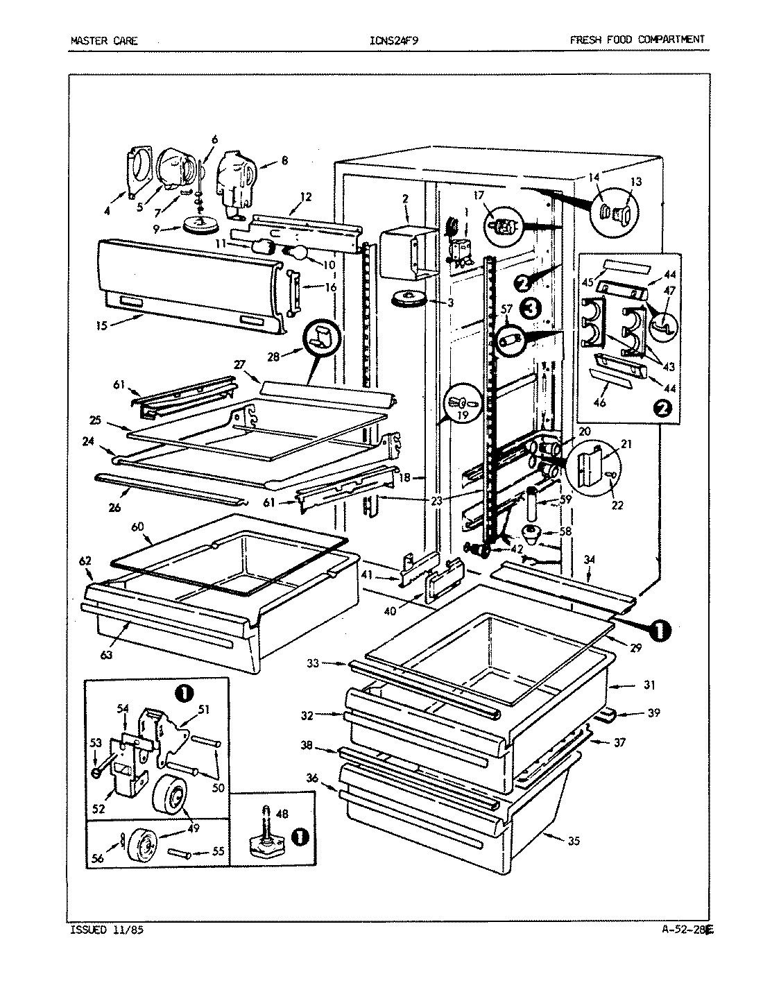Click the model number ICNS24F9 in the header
pos(394,40)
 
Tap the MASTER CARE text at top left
pos(104,40)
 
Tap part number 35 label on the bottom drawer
pos(572,840)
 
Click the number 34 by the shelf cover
pos(588,558)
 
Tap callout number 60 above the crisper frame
pos(138,526)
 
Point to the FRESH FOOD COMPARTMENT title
pos(637,40)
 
